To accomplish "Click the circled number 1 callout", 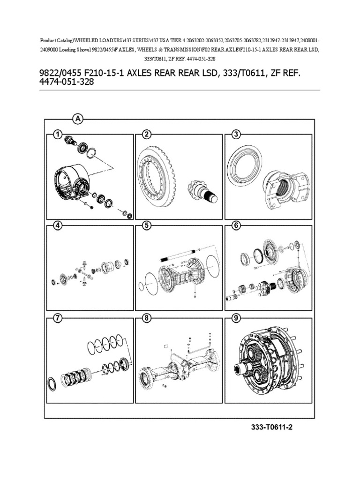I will pos(57,135).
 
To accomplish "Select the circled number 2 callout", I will pos(147,135).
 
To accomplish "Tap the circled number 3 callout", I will pos(236,135).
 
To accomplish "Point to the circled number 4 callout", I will pos(57,225).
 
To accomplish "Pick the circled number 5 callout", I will pos(147,225).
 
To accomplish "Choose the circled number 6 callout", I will pos(236,225).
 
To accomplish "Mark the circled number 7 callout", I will pos(57,318).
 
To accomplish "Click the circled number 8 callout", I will pos(147,318).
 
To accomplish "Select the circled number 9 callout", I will pos(236,318).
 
